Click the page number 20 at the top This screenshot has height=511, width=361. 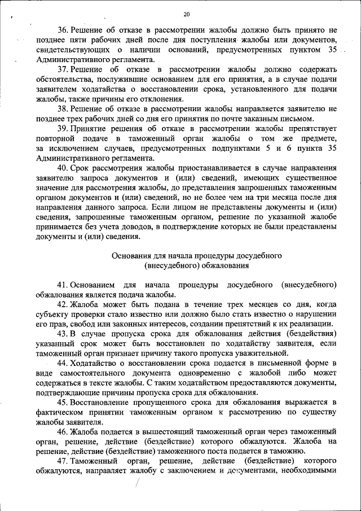click(187, 14)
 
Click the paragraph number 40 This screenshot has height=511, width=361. click(61, 168)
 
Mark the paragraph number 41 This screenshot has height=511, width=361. click(61, 286)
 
